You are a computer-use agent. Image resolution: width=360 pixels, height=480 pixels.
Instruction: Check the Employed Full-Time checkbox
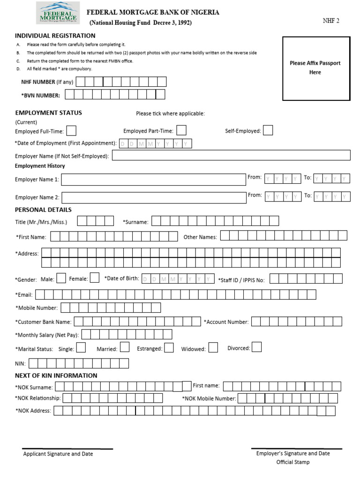click(x=72, y=131)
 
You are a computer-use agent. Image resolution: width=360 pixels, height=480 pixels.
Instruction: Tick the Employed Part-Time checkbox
click(x=181, y=130)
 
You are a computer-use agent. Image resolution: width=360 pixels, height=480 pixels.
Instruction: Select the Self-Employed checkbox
click(x=268, y=130)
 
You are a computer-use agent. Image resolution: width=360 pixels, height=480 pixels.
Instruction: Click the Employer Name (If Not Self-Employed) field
click(x=231, y=156)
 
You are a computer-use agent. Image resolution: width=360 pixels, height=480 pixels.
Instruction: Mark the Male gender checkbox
click(x=61, y=278)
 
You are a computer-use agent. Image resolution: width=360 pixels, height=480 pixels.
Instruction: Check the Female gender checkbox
click(x=94, y=278)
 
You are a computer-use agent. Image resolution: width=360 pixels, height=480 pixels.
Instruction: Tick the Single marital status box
click(x=81, y=348)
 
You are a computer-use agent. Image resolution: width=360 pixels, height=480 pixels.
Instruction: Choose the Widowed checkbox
click(x=213, y=348)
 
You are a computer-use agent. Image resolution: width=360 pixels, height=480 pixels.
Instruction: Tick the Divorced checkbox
click(x=256, y=347)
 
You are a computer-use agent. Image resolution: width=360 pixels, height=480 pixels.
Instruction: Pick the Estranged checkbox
click(x=169, y=348)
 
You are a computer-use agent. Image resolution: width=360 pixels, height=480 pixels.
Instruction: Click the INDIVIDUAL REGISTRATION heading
click(x=55, y=36)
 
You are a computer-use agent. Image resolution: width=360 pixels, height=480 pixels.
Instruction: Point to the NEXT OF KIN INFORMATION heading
click(x=56, y=375)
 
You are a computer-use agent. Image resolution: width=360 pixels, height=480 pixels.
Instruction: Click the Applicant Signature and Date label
click(x=58, y=454)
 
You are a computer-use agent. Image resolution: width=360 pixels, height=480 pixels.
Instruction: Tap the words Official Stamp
click(x=293, y=462)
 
